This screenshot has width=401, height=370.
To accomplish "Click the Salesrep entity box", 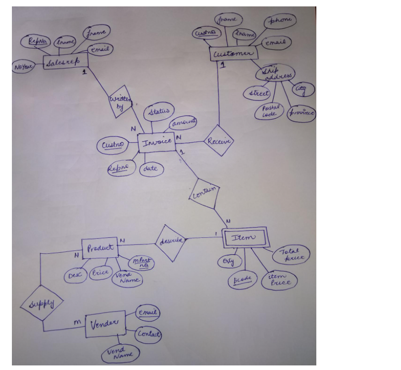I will tap(65, 63).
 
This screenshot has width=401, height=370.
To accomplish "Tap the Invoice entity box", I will tap(156, 142).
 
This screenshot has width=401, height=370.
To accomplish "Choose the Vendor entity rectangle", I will tap(105, 324).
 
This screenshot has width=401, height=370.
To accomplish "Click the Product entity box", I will tap(100, 249).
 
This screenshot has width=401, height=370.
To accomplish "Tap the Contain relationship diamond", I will tap(204, 192).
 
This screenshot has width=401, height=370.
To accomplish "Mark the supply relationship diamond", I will tap(42, 304).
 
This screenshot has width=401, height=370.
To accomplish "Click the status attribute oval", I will tap(159, 112).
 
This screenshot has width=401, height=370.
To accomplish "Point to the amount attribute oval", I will tap(183, 122).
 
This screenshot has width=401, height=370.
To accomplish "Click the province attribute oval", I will tap(301, 113).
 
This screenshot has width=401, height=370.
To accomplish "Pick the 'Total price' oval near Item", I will tap(291, 255).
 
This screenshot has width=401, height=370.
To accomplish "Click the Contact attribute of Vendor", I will tap(149, 335).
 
